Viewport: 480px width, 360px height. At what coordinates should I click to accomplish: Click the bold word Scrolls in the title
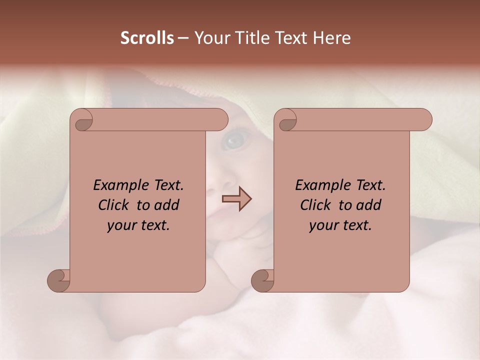(147, 38)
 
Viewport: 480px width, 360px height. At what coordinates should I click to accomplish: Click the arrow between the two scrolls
(237, 199)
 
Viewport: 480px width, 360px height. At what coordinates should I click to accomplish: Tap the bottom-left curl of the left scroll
(58, 280)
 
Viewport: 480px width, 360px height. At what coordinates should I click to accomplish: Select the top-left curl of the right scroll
(287, 120)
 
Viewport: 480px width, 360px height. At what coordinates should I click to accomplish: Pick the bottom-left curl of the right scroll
(262, 280)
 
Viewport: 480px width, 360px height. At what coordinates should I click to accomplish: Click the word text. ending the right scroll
(355, 225)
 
